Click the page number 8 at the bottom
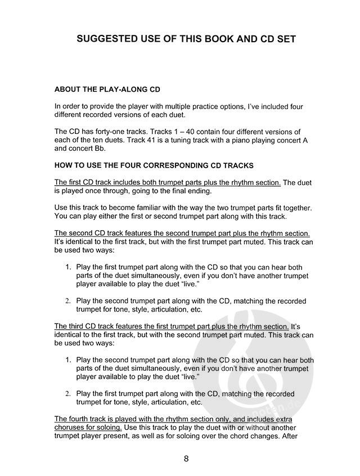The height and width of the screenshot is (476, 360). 185,458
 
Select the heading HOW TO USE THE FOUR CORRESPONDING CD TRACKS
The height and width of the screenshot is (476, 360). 154,165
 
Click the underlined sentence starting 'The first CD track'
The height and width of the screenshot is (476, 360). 167,182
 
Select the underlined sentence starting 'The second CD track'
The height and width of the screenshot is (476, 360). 182,233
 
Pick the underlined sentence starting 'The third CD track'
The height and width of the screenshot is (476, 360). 172,326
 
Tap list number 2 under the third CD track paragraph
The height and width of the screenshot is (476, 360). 67,393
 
